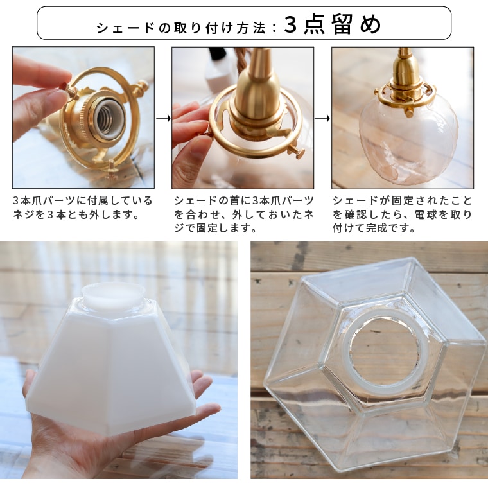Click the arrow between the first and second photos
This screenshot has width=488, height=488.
tap(163, 118)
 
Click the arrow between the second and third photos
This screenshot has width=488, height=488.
tap(323, 118)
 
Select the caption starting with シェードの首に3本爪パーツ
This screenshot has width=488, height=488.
tap(243, 214)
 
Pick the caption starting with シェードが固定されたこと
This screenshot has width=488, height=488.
tap(403, 214)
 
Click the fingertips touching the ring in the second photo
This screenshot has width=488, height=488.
tap(193, 122)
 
